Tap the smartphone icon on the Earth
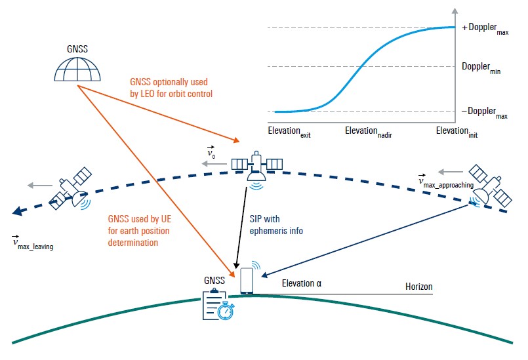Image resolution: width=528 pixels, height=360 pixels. click(247, 281)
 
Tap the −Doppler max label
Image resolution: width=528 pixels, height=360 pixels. click(485, 113)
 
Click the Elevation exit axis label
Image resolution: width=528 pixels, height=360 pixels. click(289, 132)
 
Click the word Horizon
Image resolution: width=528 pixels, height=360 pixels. click(419, 287)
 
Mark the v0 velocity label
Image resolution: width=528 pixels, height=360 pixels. click(211, 153)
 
